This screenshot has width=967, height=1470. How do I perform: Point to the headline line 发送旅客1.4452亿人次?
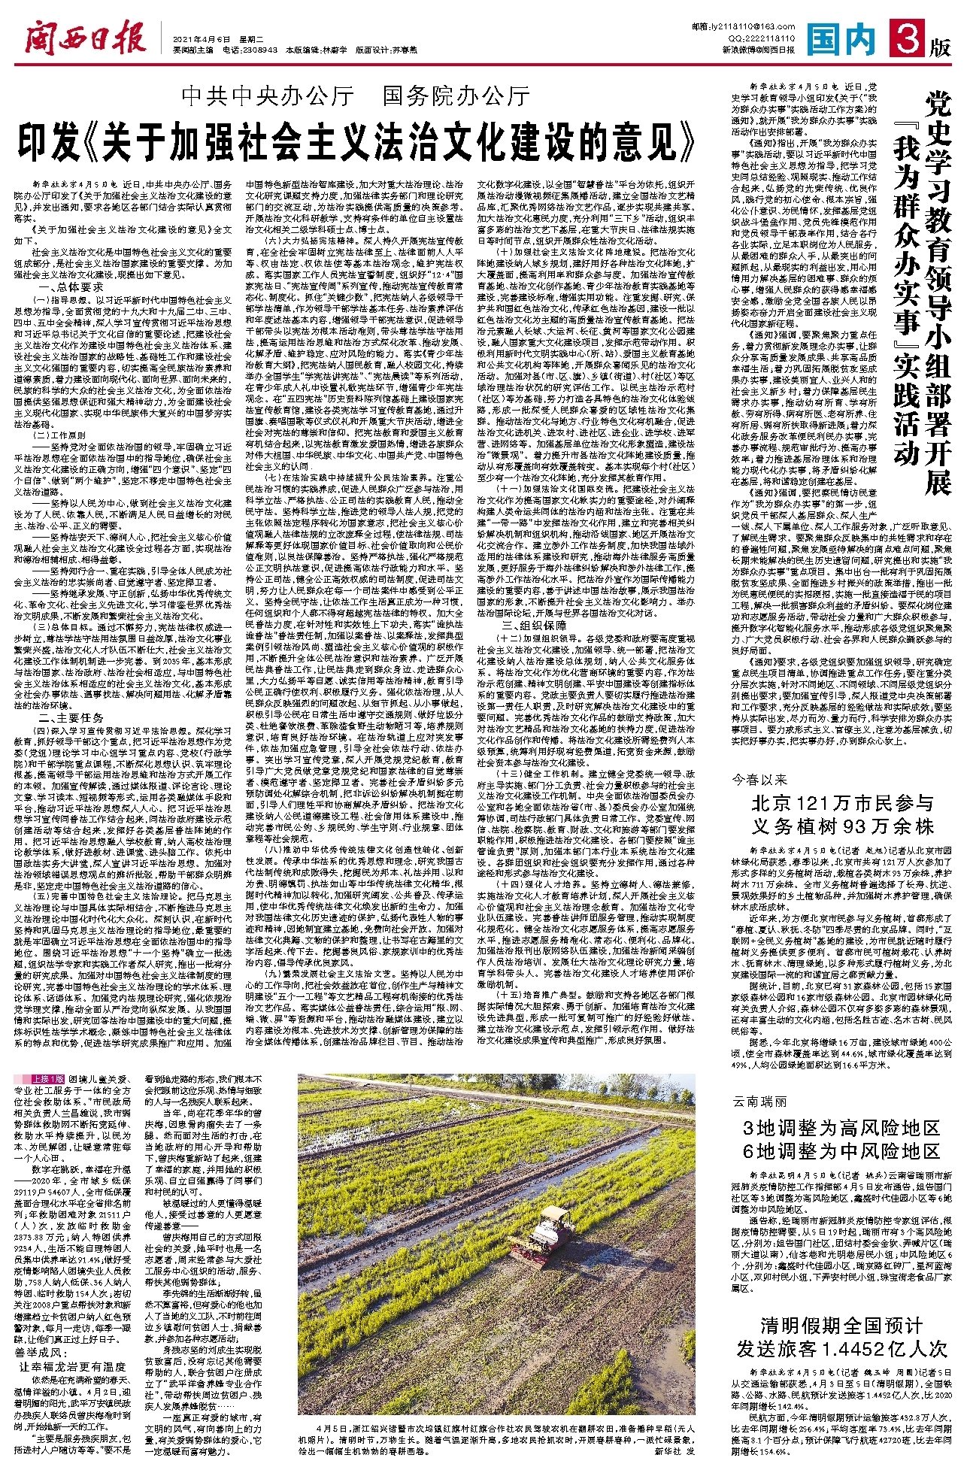[x=841, y=1347]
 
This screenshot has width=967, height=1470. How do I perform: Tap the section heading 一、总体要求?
[x=71, y=287]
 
